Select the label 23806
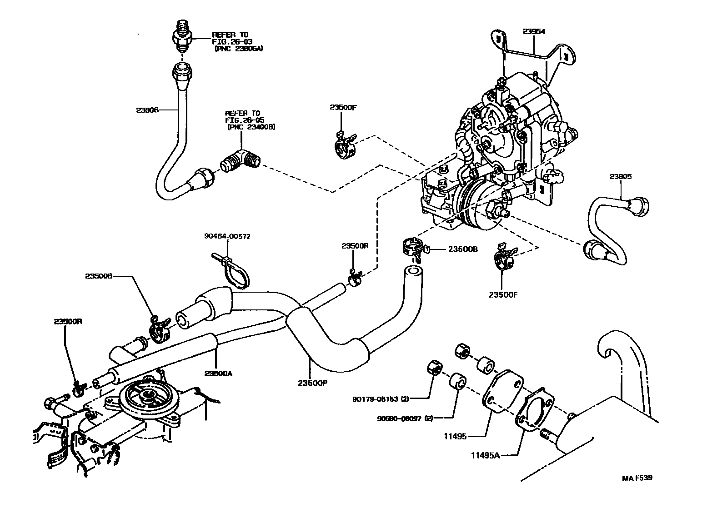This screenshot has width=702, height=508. [147, 110]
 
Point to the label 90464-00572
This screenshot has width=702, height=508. [227, 237]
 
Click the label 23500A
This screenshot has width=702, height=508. [218, 373]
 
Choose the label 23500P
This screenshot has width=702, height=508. [313, 383]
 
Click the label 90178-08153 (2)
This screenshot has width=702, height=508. [381, 399]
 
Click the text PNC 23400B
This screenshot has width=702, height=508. [251, 127]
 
